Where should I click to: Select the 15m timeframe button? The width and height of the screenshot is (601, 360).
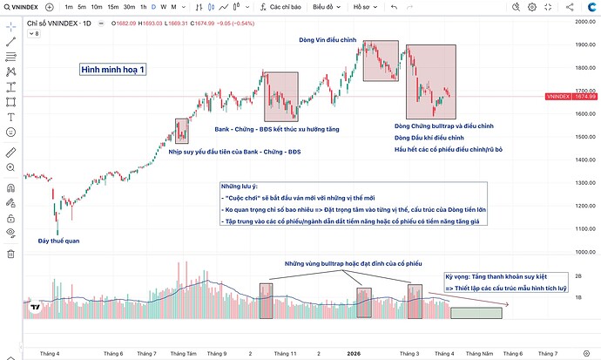click(112, 6)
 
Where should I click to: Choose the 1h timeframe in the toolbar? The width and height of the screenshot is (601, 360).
click(144, 6)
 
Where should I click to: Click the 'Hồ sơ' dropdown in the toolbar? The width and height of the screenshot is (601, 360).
click(360, 6)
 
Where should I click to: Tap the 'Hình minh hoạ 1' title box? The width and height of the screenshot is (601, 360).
click(111, 70)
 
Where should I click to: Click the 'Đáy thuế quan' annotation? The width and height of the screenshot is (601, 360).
click(59, 241)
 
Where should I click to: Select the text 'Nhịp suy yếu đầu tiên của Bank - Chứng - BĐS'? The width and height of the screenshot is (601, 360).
click(234, 152)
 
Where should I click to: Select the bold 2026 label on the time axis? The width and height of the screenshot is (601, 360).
click(354, 354)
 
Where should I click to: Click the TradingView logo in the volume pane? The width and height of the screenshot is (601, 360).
click(35, 308)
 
